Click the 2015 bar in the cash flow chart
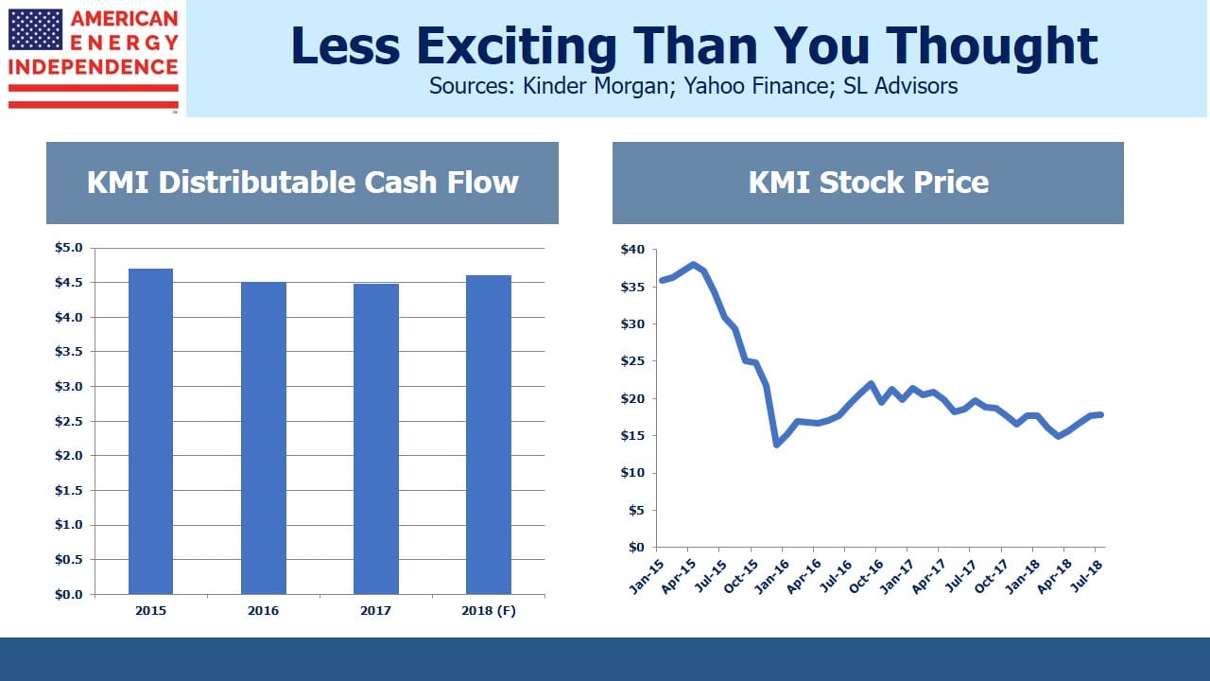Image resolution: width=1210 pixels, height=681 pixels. (150, 431)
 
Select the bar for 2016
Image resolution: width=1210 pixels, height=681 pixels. (264, 438)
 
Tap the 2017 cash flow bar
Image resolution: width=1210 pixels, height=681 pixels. (376, 439)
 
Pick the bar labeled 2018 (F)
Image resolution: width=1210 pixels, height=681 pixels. (489, 435)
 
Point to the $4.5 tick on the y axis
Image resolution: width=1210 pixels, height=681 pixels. (69, 282)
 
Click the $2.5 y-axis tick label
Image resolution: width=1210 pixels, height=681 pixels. (69, 421)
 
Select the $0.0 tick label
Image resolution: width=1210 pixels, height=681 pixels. (69, 595)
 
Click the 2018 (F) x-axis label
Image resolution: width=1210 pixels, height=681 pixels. (489, 611)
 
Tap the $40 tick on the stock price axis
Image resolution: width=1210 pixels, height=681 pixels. (632, 249)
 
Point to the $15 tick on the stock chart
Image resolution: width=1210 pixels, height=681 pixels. (632, 436)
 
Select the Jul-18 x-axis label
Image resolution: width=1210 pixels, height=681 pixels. (1086, 576)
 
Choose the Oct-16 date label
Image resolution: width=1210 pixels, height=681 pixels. (866, 577)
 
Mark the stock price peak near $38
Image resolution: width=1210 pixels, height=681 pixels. (693, 265)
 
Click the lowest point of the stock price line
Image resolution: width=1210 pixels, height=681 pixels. (777, 445)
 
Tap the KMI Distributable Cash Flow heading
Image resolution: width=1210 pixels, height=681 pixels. (302, 183)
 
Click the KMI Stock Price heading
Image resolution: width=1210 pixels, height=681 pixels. (868, 183)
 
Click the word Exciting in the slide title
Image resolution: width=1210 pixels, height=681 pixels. (516, 46)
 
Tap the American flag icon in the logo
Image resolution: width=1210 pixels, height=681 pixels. (36, 29)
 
